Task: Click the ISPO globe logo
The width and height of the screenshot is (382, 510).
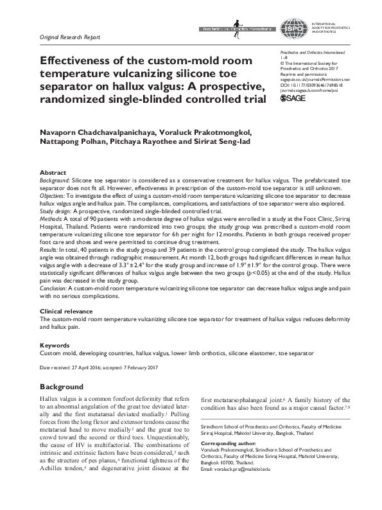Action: tap(291, 28)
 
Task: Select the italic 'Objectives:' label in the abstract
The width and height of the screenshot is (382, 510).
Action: tap(56, 196)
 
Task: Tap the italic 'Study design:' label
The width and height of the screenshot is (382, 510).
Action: tap(56, 210)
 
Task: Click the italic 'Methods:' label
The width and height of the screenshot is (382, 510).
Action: tap(53, 219)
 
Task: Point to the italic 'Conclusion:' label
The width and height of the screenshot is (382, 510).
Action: tap(56, 290)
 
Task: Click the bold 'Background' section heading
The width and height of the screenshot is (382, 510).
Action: tap(61, 387)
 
